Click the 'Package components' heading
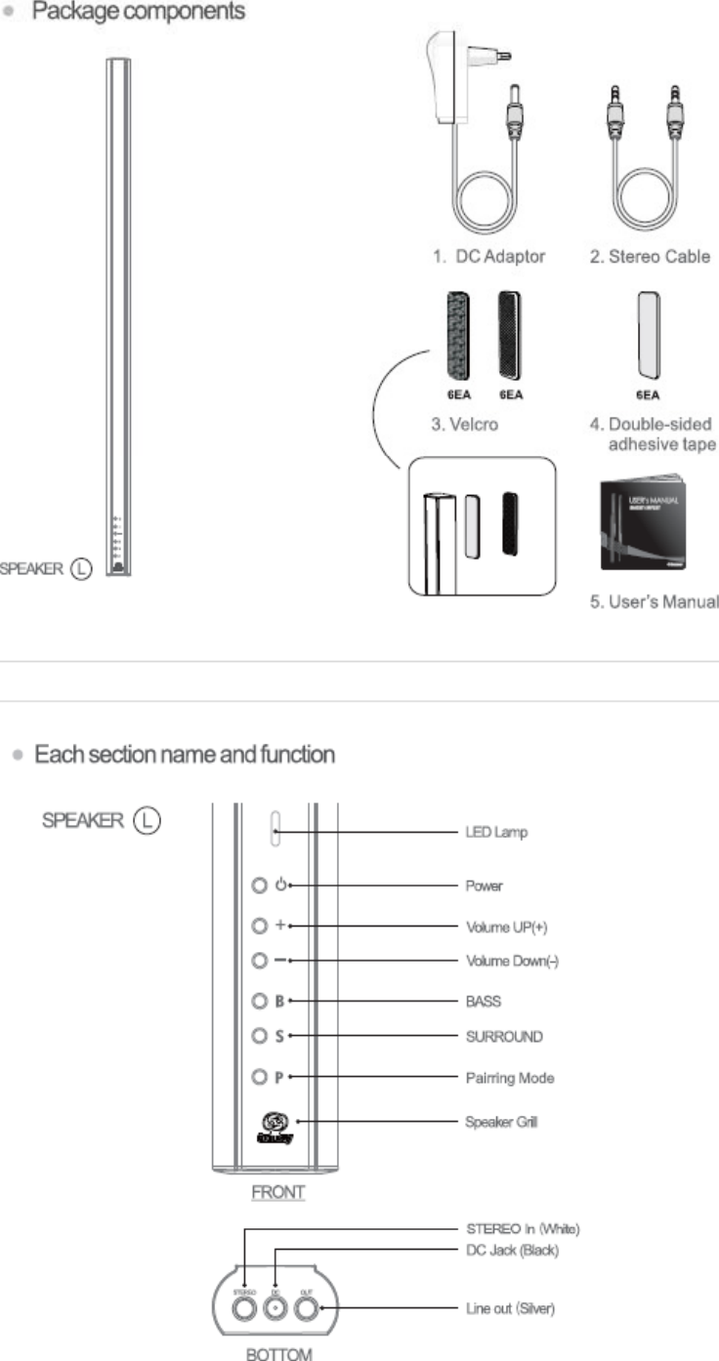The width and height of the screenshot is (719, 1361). (x=140, y=12)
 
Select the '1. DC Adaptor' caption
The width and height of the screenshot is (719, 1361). (x=487, y=257)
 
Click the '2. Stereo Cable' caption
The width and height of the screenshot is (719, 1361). (x=650, y=257)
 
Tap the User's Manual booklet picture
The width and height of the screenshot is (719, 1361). (x=642, y=522)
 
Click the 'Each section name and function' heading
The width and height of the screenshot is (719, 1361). (x=185, y=755)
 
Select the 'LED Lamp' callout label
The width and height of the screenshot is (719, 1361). (x=496, y=833)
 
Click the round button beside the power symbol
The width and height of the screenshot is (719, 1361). (x=259, y=887)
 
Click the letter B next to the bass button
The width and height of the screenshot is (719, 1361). (x=279, y=1001)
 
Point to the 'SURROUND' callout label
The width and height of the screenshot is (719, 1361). (x=503, y=1035)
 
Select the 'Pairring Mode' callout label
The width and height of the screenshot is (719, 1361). (x=510, y=1078)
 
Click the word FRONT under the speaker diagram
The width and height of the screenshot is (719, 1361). (x=278, y=1192)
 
